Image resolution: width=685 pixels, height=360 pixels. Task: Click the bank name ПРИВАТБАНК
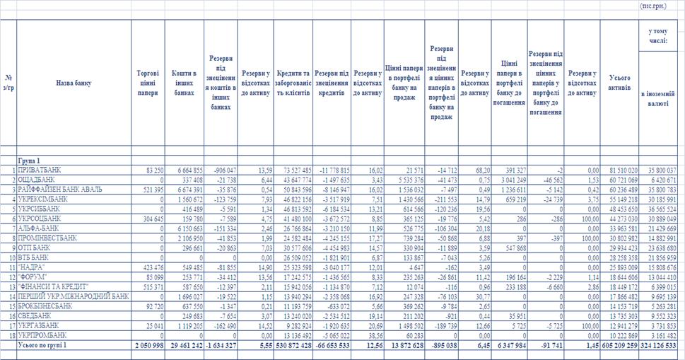click(40, 171)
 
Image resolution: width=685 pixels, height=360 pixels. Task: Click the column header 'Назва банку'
click(73, 83)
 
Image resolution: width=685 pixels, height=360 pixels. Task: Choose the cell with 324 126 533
click(658, 344)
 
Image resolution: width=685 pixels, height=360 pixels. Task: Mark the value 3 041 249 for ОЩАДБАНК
click(511, 181)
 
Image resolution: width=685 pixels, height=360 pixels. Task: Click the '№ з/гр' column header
click(8, 83)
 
